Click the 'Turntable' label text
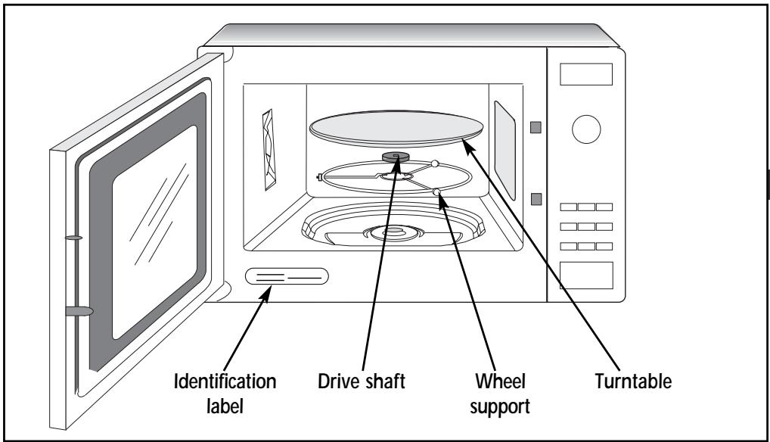pos(633,381)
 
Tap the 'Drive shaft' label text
pos(362,381)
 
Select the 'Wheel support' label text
pos(500,394)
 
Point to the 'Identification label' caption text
pos(225,394)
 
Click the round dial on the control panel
pos(586,129)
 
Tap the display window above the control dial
pos(586,74)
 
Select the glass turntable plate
pos(396,129)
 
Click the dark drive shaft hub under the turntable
pos(396,157)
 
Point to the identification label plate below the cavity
pos(287,276)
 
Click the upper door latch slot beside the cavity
pos(536,127)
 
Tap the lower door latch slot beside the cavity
pos(536,199)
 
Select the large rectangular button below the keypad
pos(586,275)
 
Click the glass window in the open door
pos(155,232)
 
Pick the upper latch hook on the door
pos(73,238)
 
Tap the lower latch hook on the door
pos(79,311)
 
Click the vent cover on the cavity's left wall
pos(269,149)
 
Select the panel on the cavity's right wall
pos(505,151)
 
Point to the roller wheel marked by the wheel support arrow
pos(436,192)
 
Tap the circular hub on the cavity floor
pos(394,232)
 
